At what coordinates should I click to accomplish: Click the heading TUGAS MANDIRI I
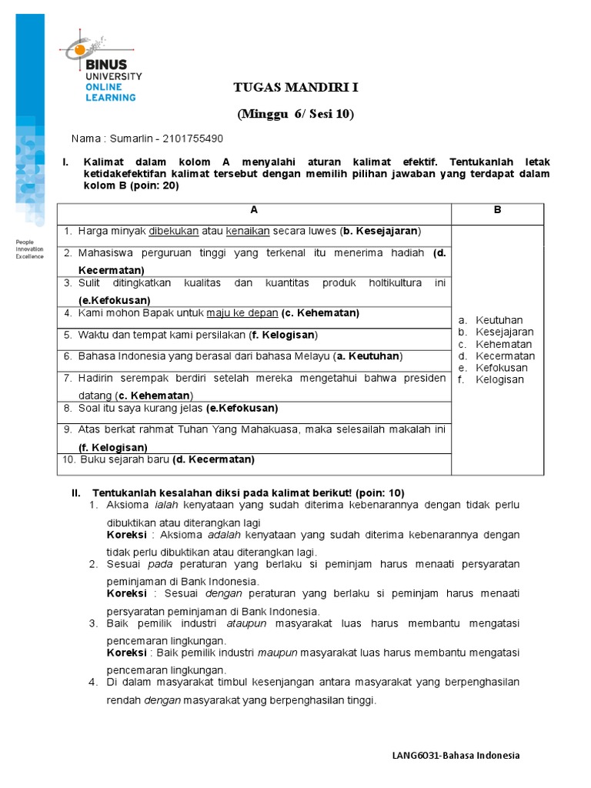[x=296, y=87]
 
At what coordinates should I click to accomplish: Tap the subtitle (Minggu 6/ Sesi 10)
[x=296, y=114]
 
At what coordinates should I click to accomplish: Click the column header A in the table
[x=254, y=210]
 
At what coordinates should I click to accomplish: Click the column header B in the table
[x=497, y=210]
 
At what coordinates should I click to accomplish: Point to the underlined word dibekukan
[x=174, y=231]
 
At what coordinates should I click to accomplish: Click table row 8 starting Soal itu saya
[x=177, y=408]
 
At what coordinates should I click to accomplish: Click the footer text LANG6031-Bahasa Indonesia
[x=456, y=755]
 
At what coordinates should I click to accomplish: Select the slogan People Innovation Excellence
[x=30, y=249]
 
